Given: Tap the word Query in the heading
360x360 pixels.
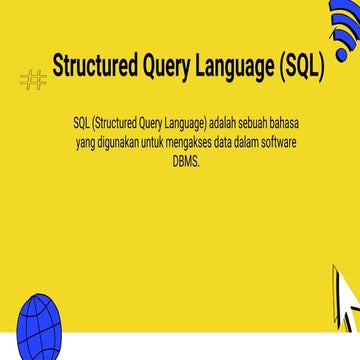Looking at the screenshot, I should point(170,68).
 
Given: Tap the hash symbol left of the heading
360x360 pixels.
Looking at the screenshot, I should point(33,80).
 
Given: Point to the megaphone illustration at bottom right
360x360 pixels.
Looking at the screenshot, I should point(343,300).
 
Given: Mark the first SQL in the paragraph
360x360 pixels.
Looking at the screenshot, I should point(81,122).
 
